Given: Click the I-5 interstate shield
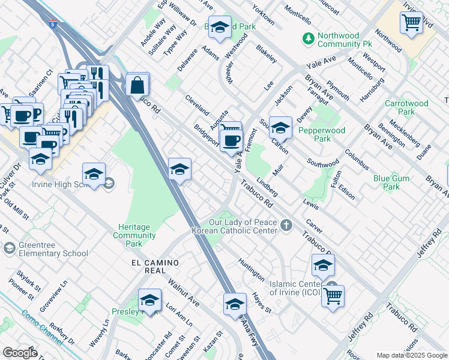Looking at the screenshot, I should pyautogui.click(x=54, y=25).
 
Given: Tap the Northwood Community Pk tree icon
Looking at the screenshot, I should pyautogui.click(x=309, y=38).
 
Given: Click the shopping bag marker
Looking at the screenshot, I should pyautogui.click(x=137, y=85).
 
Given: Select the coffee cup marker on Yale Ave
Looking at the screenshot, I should pyautogui.click(x=231, y=141).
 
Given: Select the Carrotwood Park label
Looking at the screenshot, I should pyautogui.click(x=406, y=107).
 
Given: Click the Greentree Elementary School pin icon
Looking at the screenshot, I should pyautogui.click(x=9, y=248).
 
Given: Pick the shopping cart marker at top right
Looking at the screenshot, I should pyautogui.click(x=411, y=23).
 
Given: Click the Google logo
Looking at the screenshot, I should pyautogui.click(x=20, y=352).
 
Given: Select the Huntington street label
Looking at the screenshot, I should pyautogui.click(x=251, y=269).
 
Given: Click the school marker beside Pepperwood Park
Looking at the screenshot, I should pyautogui.click(x=280, y=128).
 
